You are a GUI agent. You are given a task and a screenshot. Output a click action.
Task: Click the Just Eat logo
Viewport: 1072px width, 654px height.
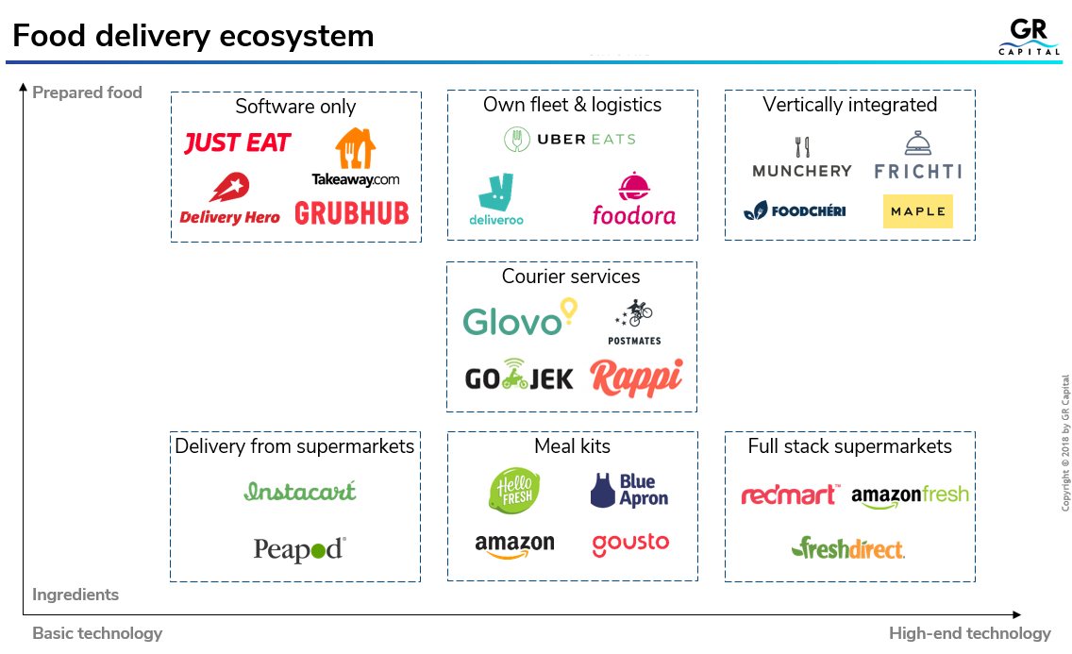[237, 143]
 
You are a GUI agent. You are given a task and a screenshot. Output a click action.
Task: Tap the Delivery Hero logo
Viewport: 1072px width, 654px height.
[229, 200]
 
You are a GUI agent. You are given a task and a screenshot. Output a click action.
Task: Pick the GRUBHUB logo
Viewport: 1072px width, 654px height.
[352, 213]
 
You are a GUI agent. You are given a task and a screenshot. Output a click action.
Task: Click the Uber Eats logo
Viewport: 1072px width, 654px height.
[570, 140]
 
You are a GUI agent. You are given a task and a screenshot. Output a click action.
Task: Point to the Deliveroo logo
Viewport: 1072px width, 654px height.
[496, 199]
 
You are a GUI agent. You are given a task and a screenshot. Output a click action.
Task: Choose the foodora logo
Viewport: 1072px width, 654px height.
[633, 200]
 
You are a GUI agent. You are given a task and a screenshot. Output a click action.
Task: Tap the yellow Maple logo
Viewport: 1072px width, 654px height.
[917, 211]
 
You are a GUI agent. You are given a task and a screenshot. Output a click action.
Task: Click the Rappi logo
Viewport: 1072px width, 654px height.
[636, 377]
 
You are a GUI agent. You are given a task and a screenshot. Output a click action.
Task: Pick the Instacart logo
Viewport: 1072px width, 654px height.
[300, 491]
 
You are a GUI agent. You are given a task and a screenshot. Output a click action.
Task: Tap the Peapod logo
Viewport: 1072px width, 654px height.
[299, 549]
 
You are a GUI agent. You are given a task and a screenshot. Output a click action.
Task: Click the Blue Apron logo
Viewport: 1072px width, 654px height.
[629, 491]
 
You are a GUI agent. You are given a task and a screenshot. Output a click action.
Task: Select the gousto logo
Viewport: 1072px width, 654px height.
[630, 543]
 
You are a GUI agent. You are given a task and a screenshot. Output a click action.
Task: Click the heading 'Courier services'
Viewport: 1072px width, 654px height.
[571, 277]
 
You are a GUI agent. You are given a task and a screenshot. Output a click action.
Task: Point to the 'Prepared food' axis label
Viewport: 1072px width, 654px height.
[87, 92]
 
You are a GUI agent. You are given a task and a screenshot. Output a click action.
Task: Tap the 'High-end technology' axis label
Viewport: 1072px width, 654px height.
[969, 633]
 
